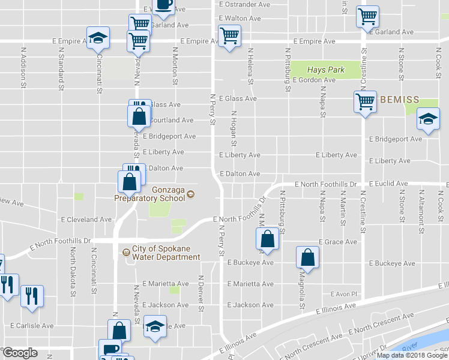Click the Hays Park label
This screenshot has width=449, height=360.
pyautogui.click(x=326, y=70)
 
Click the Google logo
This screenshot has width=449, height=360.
pyautogui.click(x=19, y=353)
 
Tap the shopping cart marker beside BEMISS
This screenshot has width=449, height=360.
pyautogui.click(x=365, y=103)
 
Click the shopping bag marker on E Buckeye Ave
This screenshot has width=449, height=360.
pyautogui.click(x=307, y=257)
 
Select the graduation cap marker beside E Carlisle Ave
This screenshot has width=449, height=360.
pyautogui.click(x=155, y=328)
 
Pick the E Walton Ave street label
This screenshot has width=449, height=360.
pyautogui.click(x=240, y=19)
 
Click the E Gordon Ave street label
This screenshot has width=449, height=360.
pyautogui.click(x=313, y=80)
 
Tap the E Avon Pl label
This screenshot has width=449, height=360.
pyautogui.click(x=344, y=294)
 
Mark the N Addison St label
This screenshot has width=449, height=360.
pyautogui.click(x=23, y=73)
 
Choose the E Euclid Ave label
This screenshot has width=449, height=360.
pyautogui.click(x=388, y=183)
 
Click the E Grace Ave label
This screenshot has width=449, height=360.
pyautogui.click(x=338, y=242)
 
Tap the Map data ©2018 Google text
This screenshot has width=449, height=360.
pyautogui.click(x=411, y=355)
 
